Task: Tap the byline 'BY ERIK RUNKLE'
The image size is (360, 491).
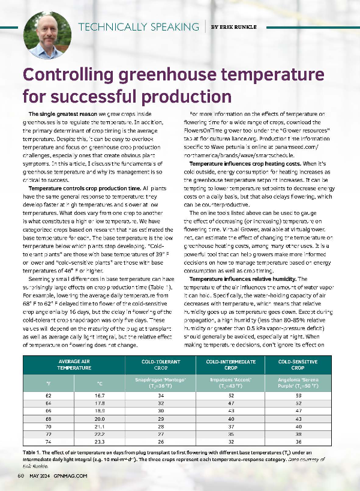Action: click(234, 27)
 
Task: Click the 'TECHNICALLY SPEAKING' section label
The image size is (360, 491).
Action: click(139, 27)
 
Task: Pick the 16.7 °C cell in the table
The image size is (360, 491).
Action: click(100, 396)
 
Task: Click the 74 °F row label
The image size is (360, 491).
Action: click(48, 440)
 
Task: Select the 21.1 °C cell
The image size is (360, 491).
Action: click(100, 425)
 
